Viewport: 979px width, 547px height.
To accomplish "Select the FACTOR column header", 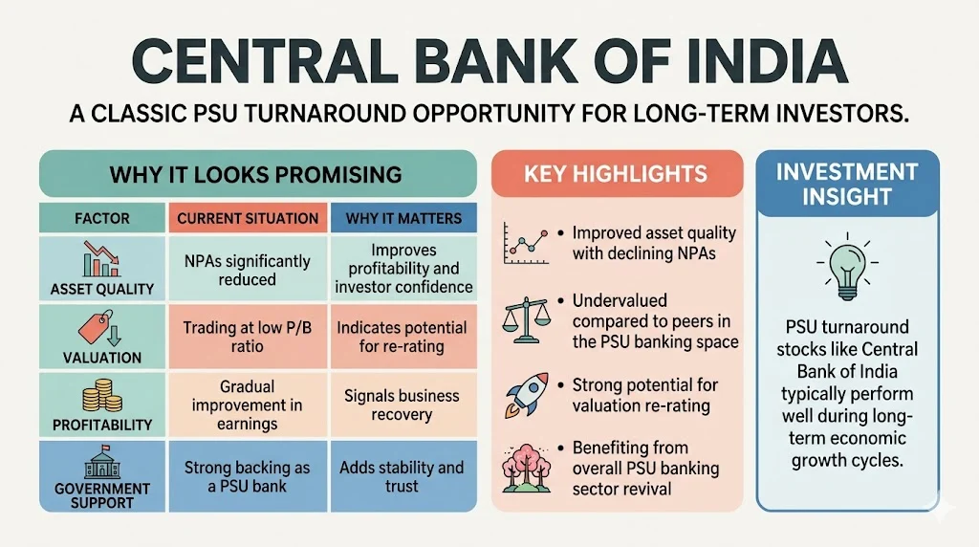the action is [102, 218].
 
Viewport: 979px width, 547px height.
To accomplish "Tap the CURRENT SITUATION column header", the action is [248, 218].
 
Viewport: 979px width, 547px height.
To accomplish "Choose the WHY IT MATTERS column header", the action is [404, 218].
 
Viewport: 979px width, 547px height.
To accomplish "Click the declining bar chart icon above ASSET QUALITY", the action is [100, 259].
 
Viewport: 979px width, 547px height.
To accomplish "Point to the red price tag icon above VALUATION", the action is [99, 328].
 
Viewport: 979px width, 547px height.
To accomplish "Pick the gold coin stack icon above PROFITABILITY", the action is [101, 395].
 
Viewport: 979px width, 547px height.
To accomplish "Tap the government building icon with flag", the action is [102, 462].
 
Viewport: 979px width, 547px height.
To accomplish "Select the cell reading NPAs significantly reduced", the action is [248, 270].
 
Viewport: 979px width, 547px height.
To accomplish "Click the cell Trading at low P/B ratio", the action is [248, 338].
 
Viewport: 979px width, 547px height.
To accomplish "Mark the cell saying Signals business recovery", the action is [404, 405].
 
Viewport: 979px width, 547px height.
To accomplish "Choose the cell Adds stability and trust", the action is [404, 476].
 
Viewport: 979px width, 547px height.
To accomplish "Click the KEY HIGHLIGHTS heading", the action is [617, 174].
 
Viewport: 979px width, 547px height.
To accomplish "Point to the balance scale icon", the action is [527, 319].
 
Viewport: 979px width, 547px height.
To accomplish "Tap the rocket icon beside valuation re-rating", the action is [528, 395].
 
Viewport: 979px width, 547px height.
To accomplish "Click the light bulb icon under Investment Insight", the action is [847, 267].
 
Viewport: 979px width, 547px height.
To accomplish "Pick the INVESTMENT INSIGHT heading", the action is [847, 185].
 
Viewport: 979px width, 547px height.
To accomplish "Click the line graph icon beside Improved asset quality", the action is [527, 244].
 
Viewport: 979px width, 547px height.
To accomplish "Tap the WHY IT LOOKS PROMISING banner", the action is [258, 174].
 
